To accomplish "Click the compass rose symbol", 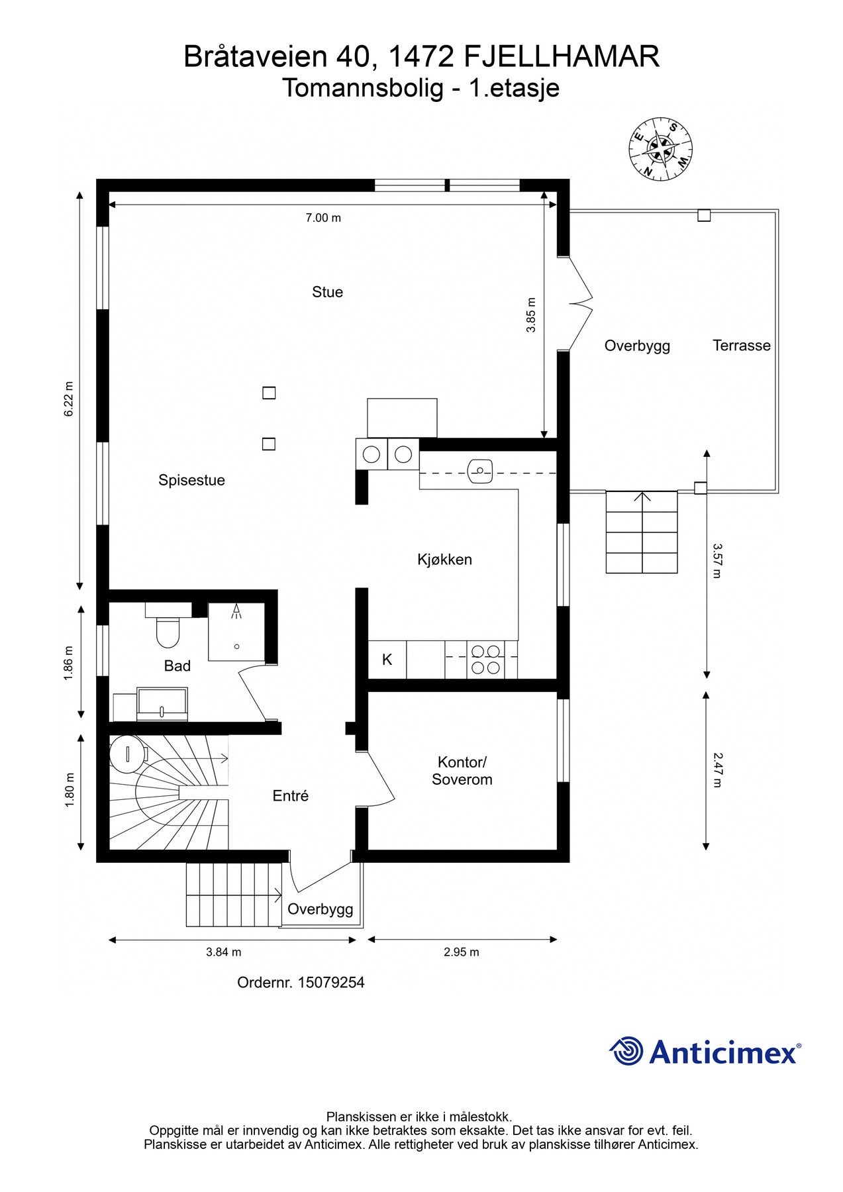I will (660, 149).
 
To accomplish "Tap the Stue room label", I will (327, 292).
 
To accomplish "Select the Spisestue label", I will (191, 480).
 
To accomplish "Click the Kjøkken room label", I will (444, 560).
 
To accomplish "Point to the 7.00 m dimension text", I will (323, 218).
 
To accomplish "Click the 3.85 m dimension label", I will (530, 315).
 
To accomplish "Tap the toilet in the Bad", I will (168, 630).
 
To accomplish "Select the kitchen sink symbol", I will (479, 470).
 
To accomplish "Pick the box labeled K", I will (387, 660).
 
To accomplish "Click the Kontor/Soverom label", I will (462, 770).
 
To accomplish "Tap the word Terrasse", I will (742, 345).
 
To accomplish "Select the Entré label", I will (291, 796).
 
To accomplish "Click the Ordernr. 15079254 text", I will (301, 982).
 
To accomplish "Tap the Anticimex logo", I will (705, 1052).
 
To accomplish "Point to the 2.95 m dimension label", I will (462, 952).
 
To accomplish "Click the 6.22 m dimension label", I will (68, 399).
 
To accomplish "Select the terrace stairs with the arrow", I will (642, 532).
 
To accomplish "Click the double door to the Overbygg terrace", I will (579, 305).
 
